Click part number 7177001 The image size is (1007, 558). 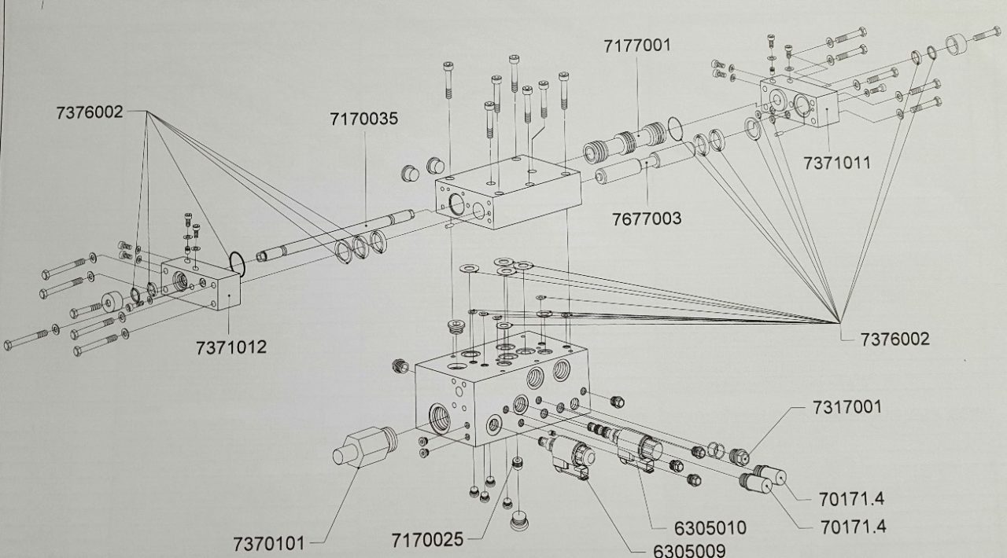[637, 46]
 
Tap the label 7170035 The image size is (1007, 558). [364, 119]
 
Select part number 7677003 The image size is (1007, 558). [647, 218]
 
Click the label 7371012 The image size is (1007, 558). [231, 347]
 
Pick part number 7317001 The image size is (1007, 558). [847, 407]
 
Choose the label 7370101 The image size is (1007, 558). [268, 543]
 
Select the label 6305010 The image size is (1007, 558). [710, 527]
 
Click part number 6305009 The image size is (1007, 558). [689, 550]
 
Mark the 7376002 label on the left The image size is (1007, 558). [90, 112]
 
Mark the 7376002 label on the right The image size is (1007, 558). [895, 340]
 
